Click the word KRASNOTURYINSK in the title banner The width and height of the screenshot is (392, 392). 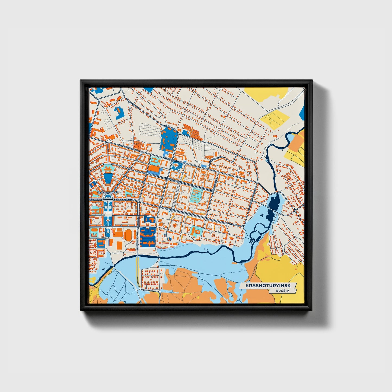[267, 286]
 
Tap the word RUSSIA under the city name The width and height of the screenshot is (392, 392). [282, 291]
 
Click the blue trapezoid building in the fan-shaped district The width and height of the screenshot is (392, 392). [108, 178]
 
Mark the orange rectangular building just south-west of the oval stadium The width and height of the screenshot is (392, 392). [119, 245]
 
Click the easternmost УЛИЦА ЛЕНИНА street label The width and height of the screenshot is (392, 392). [235, 224]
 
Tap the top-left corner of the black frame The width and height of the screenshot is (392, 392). [81, 81]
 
